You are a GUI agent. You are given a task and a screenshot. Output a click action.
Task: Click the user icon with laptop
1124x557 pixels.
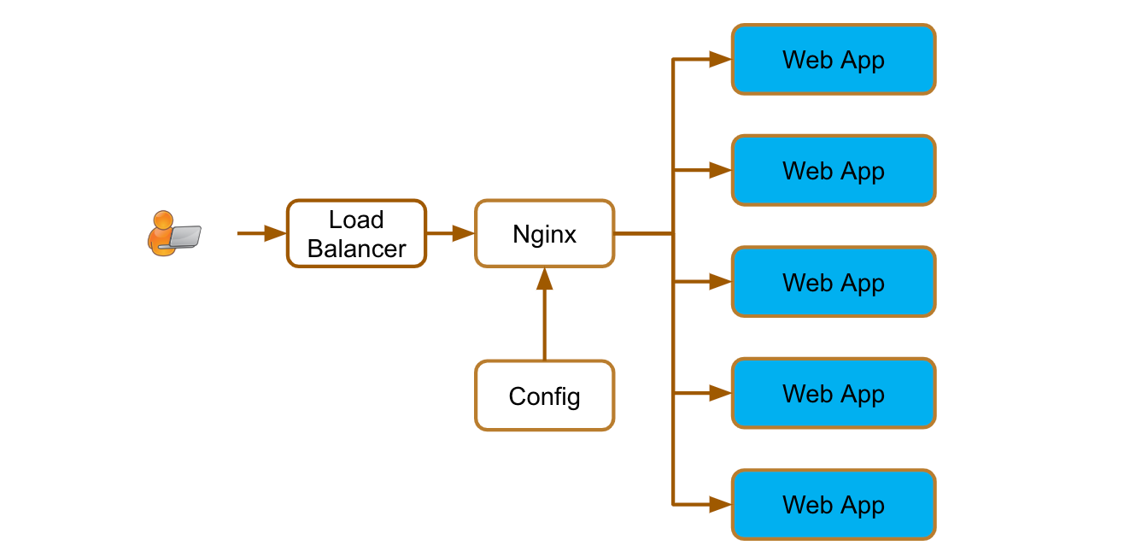click(x=173, y=233)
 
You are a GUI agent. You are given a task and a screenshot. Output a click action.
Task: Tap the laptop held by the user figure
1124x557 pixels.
click(x=184, y=237)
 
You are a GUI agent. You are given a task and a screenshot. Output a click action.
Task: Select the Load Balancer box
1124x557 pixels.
click(x=356, y=233)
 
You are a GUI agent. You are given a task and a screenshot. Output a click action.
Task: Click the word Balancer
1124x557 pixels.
click(x=356, y=249)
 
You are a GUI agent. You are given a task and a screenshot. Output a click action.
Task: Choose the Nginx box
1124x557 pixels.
click(x=544, y=233)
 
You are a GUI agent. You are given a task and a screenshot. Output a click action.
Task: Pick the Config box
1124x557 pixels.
click(x=544, y=396)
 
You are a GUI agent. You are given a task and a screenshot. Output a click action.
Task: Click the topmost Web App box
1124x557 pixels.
click(x=834, y=59)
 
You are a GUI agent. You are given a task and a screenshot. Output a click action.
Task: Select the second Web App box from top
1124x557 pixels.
click(x=834, y=170)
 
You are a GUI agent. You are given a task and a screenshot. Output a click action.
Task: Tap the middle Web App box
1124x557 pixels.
click(x=834, y=282)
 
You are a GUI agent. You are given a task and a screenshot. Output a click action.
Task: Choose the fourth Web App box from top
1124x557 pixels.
click(x=834, y=393)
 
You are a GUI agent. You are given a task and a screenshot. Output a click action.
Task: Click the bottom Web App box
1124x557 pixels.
click(x=834, y=504)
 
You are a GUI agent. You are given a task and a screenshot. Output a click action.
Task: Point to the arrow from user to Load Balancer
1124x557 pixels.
click(x=261, y=233)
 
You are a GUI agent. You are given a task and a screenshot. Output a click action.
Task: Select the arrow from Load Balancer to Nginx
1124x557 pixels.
click(x=450, y=233)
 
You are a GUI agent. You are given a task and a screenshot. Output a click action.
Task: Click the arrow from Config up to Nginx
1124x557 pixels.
click(x=544, y=316)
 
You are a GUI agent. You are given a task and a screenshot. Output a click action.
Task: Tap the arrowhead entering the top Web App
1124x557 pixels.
click(x=720, y=59)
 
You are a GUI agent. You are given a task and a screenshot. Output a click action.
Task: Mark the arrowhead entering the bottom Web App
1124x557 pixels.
click(x=720, y=504)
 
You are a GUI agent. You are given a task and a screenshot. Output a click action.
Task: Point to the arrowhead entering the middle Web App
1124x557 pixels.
click(x=720, y=282)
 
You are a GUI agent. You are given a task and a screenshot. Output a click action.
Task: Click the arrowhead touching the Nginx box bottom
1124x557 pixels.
click(x=544, y=278)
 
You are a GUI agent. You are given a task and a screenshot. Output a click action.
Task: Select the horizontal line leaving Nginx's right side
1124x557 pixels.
click(x=643, y=233)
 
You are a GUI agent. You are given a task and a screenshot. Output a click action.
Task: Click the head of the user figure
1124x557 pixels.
click(x=162, y=219)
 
